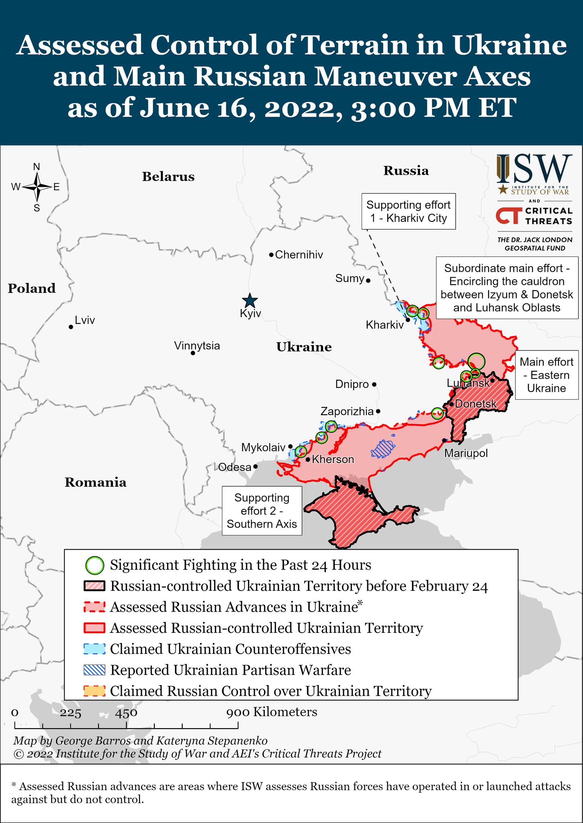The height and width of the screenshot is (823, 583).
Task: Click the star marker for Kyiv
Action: [x=250, y=301]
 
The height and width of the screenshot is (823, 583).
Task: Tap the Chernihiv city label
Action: [x=299, y=255]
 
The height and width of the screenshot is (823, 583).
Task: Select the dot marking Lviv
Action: [x=71, y=327]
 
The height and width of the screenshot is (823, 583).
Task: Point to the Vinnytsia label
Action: [x=197, y=346]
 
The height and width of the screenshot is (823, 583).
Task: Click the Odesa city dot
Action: [x=256, y=467]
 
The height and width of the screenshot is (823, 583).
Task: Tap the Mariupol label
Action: [x=466, y=453]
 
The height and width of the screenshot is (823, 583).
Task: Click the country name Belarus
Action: [x=168, y=177]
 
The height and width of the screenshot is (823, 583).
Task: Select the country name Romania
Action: [x=96, y=482]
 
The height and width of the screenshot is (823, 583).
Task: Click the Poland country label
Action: [x=32, y=289]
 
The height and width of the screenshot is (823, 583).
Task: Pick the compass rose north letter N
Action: [x=37, y=167]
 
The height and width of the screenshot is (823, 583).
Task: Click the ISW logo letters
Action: [x=534, y=169]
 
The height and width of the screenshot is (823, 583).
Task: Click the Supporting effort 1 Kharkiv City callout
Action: [x=408, y=211]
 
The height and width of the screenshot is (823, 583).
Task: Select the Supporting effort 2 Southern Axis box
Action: [x=262, y=511]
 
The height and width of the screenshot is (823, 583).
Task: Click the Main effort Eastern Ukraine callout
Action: [x=546, y=375]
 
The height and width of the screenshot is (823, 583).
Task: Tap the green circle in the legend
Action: [x=95, y=565]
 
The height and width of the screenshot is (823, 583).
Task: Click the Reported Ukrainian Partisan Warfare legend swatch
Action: [x=94, y=670]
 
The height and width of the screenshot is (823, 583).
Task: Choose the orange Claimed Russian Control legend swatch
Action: [x=94, y=691]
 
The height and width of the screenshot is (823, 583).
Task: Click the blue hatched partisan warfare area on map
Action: [x=383, y=449]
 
